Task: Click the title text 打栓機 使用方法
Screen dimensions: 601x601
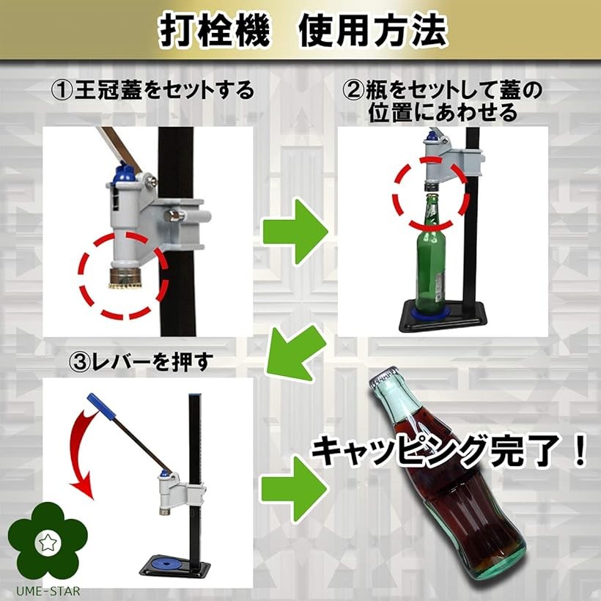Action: click(300, 31)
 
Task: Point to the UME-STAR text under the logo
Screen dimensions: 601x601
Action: click(45, 591)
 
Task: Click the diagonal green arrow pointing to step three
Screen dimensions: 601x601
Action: click(295, 352)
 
